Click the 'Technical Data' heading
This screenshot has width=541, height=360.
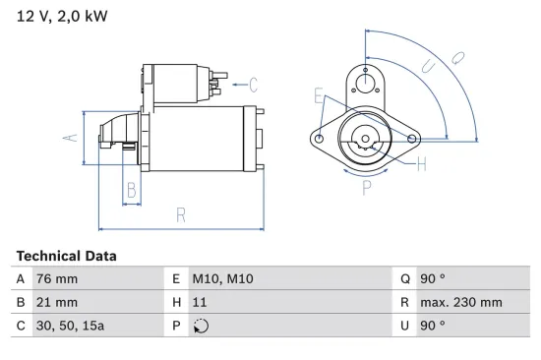(66, 256)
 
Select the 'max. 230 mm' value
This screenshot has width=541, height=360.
(460, 302)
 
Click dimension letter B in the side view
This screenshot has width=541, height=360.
(130, 191)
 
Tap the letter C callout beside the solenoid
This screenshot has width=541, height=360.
(253, 85)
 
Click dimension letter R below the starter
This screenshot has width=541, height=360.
(182, 215)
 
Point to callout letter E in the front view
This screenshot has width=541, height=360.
(318, 95)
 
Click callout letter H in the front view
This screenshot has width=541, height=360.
(422, 164)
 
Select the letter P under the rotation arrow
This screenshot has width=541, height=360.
(366, 185)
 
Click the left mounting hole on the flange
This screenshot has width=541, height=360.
(320, 139)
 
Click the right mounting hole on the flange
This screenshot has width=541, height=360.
(411, 139)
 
